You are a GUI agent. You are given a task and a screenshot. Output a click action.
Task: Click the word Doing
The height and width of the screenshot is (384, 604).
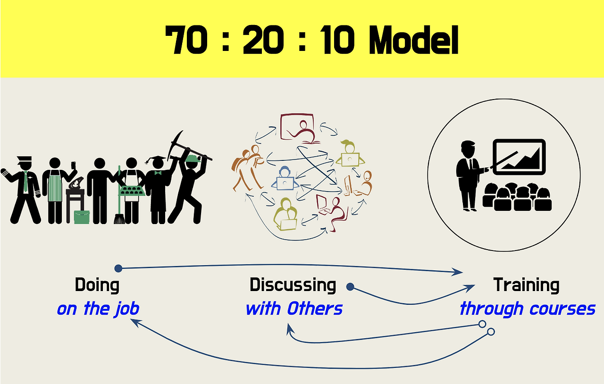(x=97, y=285)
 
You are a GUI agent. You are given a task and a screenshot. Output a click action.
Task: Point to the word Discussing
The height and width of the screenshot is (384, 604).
(x=293, y=285)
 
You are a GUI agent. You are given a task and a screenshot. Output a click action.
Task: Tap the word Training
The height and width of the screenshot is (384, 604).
(x=526, y=285)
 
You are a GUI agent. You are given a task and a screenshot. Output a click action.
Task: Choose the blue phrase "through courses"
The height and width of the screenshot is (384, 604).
(x=527, y=309)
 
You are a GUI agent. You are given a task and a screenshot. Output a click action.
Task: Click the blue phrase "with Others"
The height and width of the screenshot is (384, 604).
(x=294, y=309)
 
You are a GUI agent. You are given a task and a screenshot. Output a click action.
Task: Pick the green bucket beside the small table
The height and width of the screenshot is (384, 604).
(x=82, y=217)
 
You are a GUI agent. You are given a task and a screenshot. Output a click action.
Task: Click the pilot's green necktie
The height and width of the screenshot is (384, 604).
(x=25, y=181)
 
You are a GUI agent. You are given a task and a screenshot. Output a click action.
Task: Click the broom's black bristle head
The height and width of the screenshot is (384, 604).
(x=119, y=218)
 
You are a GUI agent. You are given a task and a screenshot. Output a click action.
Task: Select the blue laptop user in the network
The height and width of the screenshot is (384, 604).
(x=285, y=178)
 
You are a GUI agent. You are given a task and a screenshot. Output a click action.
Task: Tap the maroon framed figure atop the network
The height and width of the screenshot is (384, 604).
(x=297, y=127)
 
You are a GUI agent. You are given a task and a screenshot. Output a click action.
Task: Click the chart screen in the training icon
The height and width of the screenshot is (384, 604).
(x=519, y=157)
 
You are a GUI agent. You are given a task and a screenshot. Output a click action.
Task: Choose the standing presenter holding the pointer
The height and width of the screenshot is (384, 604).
(x=468, y=175)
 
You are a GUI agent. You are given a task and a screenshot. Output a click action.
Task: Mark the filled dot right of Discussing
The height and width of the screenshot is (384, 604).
(x=350, y=286)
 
